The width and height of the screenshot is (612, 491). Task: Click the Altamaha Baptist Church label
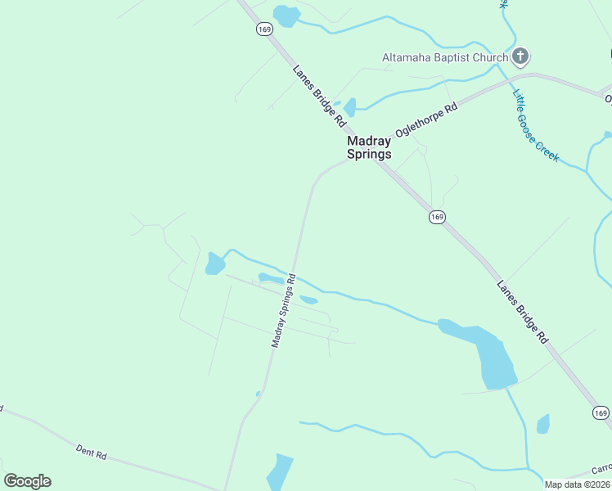(x=444, y=57)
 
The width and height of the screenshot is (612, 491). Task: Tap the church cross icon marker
(x=520, y=56)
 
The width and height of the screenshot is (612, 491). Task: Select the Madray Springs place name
(x=369, y=147)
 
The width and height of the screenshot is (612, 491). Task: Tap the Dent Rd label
(x=91, y=451)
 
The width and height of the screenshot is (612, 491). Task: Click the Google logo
(x=27, y=481)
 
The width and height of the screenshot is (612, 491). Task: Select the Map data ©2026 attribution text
(x=577, y=484)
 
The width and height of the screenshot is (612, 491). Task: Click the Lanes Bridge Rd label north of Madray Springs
(x=319, y=96)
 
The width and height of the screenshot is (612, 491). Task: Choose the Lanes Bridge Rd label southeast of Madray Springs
(x=521, y=312)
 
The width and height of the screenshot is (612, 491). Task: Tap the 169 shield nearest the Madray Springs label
(x=436, y=217)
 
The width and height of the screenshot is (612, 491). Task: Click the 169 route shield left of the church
(x=263, y=29)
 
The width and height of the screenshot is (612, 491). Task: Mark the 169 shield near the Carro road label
(x=601, y=413)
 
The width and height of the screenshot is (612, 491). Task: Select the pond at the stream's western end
(x=215, y=264)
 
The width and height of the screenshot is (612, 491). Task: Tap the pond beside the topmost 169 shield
(x=286, y=16)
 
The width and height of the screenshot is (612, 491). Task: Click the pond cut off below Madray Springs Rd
(x=280, y=472)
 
